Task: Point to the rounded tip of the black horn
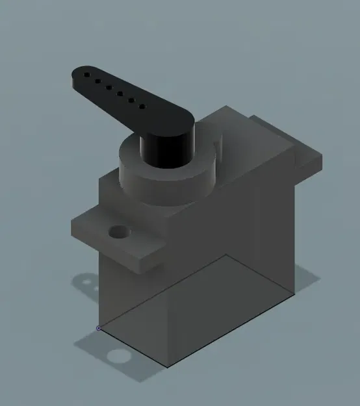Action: [74, 77]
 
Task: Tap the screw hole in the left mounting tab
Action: [120, 231]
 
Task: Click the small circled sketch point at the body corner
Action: [99, 328]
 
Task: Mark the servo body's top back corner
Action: [224, 107]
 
